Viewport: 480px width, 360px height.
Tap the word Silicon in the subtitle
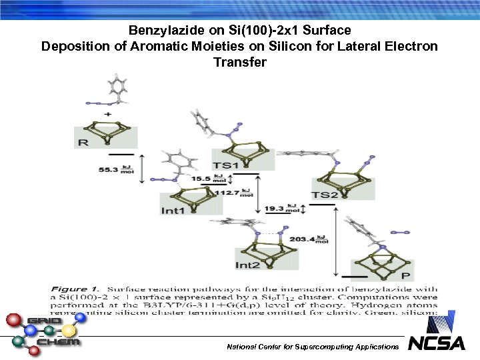[x=288, y=47]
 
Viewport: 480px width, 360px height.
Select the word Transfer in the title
[x=239, y=63]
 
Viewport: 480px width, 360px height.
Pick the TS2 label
[x=325, y=195]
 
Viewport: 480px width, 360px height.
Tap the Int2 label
[x=248, y=265]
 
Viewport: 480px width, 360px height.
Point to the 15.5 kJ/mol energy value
[x=201, y=179]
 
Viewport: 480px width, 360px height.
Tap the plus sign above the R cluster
[x=108, y=115]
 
